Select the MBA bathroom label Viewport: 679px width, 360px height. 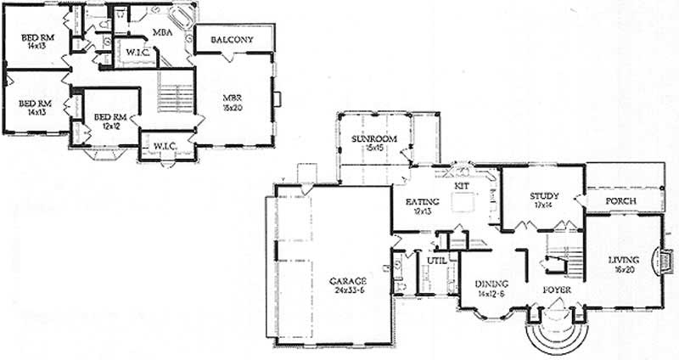tap(164, 32)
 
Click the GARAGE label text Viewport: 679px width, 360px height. tap(349, 280)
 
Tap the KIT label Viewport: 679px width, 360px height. tap(462, 184)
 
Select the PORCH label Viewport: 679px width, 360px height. tap(620, 201)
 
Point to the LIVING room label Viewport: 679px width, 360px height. tap(624, 260)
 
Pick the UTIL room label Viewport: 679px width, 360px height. tap(437, 261)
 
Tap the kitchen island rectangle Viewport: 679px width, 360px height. tap(463, 203)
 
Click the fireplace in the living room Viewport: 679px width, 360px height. tap(665, 259)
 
